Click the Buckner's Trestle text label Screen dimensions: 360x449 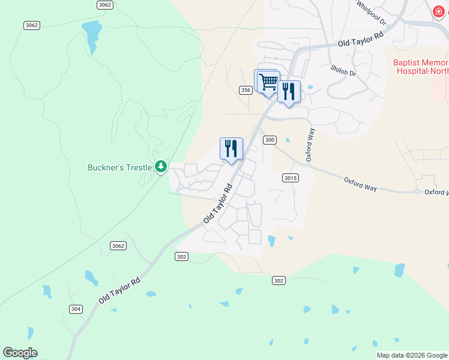[121, 167]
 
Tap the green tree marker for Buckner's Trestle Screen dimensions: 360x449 [160, 166]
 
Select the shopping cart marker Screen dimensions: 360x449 [268, 81]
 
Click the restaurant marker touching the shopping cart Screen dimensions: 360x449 [289, 91]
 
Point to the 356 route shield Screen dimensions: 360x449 [245, 90]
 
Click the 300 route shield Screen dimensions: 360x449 [270, 140]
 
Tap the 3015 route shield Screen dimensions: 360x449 [290, 178]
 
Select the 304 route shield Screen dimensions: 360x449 [75, 309]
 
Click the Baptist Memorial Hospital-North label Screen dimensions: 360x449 [421, 67]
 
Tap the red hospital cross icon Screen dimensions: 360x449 [438, 12]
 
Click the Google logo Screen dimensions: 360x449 [20, 353]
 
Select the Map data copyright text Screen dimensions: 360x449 [412, 355]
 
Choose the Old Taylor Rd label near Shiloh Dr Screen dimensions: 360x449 [360, 40]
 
